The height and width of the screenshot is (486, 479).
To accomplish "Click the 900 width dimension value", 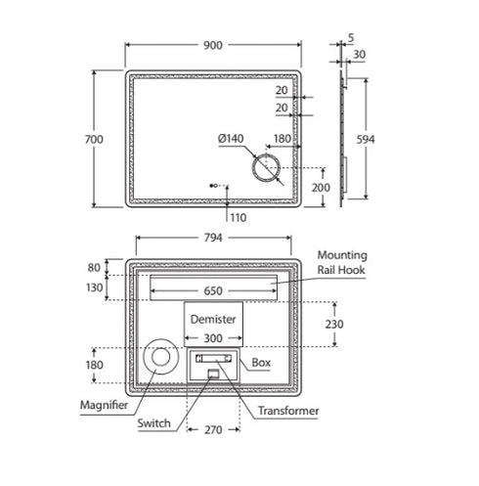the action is tap(213, 45).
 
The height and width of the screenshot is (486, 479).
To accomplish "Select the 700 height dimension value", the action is tap(94, 139).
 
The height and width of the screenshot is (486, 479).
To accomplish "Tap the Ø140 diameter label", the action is tap(231, 139).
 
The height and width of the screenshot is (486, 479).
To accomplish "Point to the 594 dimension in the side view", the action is tap(366, 140).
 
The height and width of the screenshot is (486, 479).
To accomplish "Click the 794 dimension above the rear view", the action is tap(213, 238).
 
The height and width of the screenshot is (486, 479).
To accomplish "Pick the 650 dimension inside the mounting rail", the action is tap(213, 290).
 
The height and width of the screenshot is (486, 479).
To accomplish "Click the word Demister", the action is tap(213, 319).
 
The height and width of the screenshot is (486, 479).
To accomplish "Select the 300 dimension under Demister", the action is tap(213, 338).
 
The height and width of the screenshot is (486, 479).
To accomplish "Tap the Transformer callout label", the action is tap(288, 411).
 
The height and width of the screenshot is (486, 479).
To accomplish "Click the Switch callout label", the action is tap(153, 423).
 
